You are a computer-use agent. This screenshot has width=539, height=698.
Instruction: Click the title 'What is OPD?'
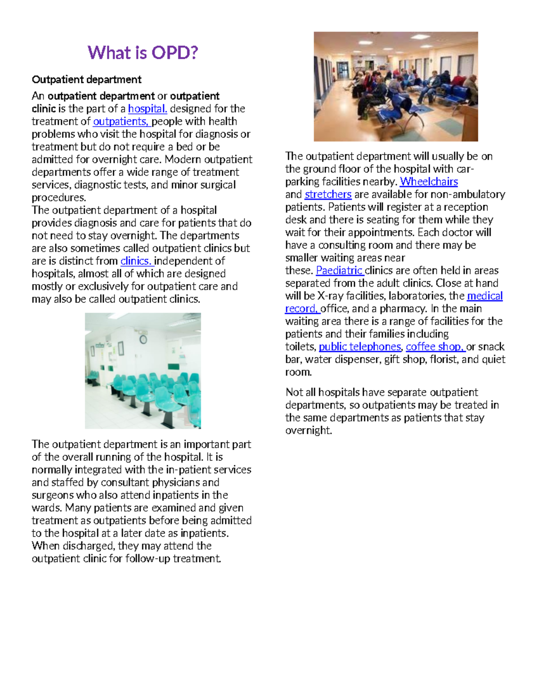click(x=143, y=53)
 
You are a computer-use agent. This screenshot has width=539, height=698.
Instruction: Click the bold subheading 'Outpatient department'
click(x=87, y=80)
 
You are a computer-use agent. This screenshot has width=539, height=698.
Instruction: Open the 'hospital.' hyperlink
click(x=147, y=109)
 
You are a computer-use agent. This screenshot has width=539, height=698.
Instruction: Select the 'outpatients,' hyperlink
click(x=120, y=121)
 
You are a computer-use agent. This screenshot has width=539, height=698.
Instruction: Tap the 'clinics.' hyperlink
click(x=136, y=261)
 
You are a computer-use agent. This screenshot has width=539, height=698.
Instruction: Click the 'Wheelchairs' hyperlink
click(x=429, y=182)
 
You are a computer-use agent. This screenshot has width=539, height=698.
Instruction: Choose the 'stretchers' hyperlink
click(x=328, y=195)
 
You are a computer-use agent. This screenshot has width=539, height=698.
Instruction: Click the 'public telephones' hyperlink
click(x=359, y=347)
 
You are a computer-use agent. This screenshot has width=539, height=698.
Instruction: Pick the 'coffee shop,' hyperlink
click(x=434, y=347)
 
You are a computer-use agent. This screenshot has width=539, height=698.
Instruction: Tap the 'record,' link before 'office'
click(x=301, y=309)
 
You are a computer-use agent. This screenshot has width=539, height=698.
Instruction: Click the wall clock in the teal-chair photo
click(x=143, y=339)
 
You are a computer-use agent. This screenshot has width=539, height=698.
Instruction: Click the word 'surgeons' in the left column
click(x=53, y=495)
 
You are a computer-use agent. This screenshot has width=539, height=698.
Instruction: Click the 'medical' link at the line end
click(x=485, y=296)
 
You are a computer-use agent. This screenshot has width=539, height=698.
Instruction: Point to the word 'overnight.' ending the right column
click(x=309, y=431)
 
